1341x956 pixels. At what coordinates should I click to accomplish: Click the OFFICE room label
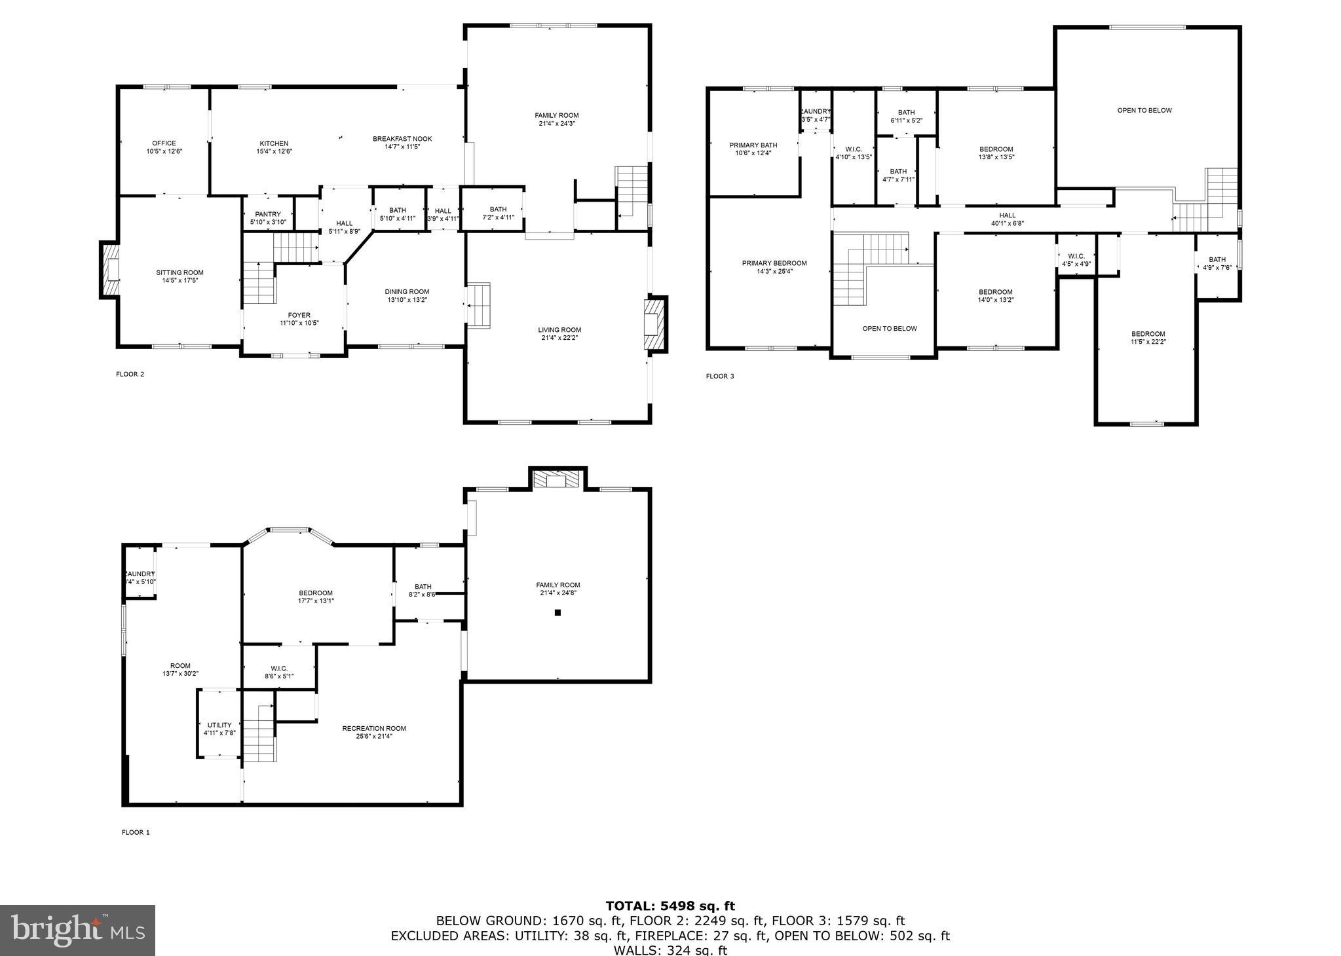coord(164,143)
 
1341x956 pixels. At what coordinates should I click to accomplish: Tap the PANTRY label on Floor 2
coord(268,214)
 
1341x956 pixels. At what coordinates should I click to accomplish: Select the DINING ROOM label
coord(407,292)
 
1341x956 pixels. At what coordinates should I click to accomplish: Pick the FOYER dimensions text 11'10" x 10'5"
coord(299,323)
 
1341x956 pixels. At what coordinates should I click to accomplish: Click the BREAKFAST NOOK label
coord(402,139)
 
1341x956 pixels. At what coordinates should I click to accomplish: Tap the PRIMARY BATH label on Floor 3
coord(753,145)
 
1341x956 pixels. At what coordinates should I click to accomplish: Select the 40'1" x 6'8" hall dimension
coord(1007,223)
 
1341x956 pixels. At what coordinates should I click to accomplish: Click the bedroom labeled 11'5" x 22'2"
coord(1148,338)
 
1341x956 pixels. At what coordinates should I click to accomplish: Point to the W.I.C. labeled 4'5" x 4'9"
coord(1076,260)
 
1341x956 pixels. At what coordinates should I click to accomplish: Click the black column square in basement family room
coord(558,613)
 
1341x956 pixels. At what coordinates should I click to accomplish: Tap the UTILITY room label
coord(219,725)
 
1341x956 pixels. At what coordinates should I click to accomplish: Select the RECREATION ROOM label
coord(374,728)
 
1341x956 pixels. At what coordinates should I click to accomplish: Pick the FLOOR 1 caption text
coord(136,833)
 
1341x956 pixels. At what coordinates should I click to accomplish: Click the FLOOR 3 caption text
coord(720,377)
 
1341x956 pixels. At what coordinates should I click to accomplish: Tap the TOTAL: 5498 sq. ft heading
coord(670,906)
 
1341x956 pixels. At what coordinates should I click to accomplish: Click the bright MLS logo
coord(77,930)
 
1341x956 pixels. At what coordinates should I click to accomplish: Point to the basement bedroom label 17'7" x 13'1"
coord(316,597)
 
